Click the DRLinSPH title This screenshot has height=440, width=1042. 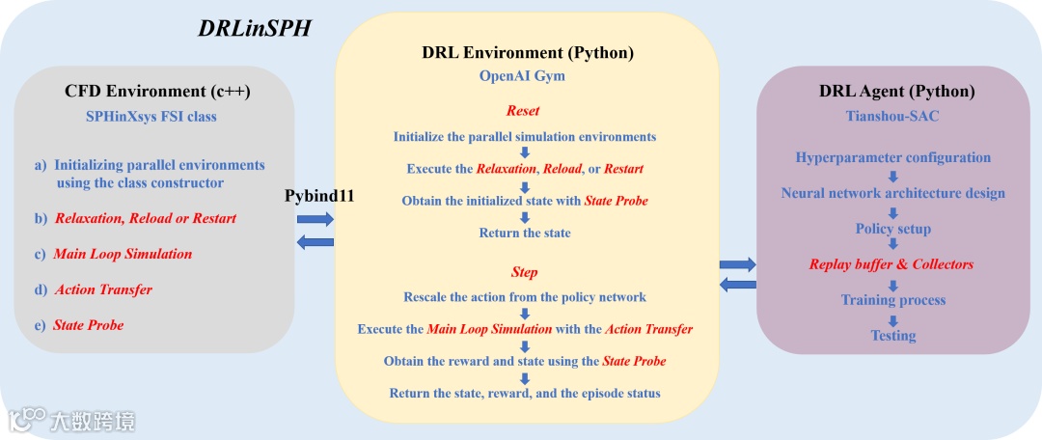[x=255, y=28]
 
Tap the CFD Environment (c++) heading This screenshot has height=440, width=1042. [x=157, y=92]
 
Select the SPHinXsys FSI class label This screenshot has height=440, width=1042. [x=151, y=117]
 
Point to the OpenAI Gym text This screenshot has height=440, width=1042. [x=523, y=74]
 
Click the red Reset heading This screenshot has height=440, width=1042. [x=523, y=111]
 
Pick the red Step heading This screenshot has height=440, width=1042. [x=524, y=272]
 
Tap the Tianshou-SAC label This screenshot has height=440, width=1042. [x=892, y=117]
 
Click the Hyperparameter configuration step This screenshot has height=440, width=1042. [x=892, y=157]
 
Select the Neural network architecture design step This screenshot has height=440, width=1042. [x=892, y=193]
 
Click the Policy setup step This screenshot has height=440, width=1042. [x=892, y=229]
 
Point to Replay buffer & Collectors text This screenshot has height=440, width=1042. [x=891, y=264]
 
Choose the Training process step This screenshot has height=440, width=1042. [x=892, y=300]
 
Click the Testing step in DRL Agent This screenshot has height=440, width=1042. [x=892, y=336]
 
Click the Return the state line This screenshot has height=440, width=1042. [x=524, y=233]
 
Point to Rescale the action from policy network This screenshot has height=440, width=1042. [x=524, y=297]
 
